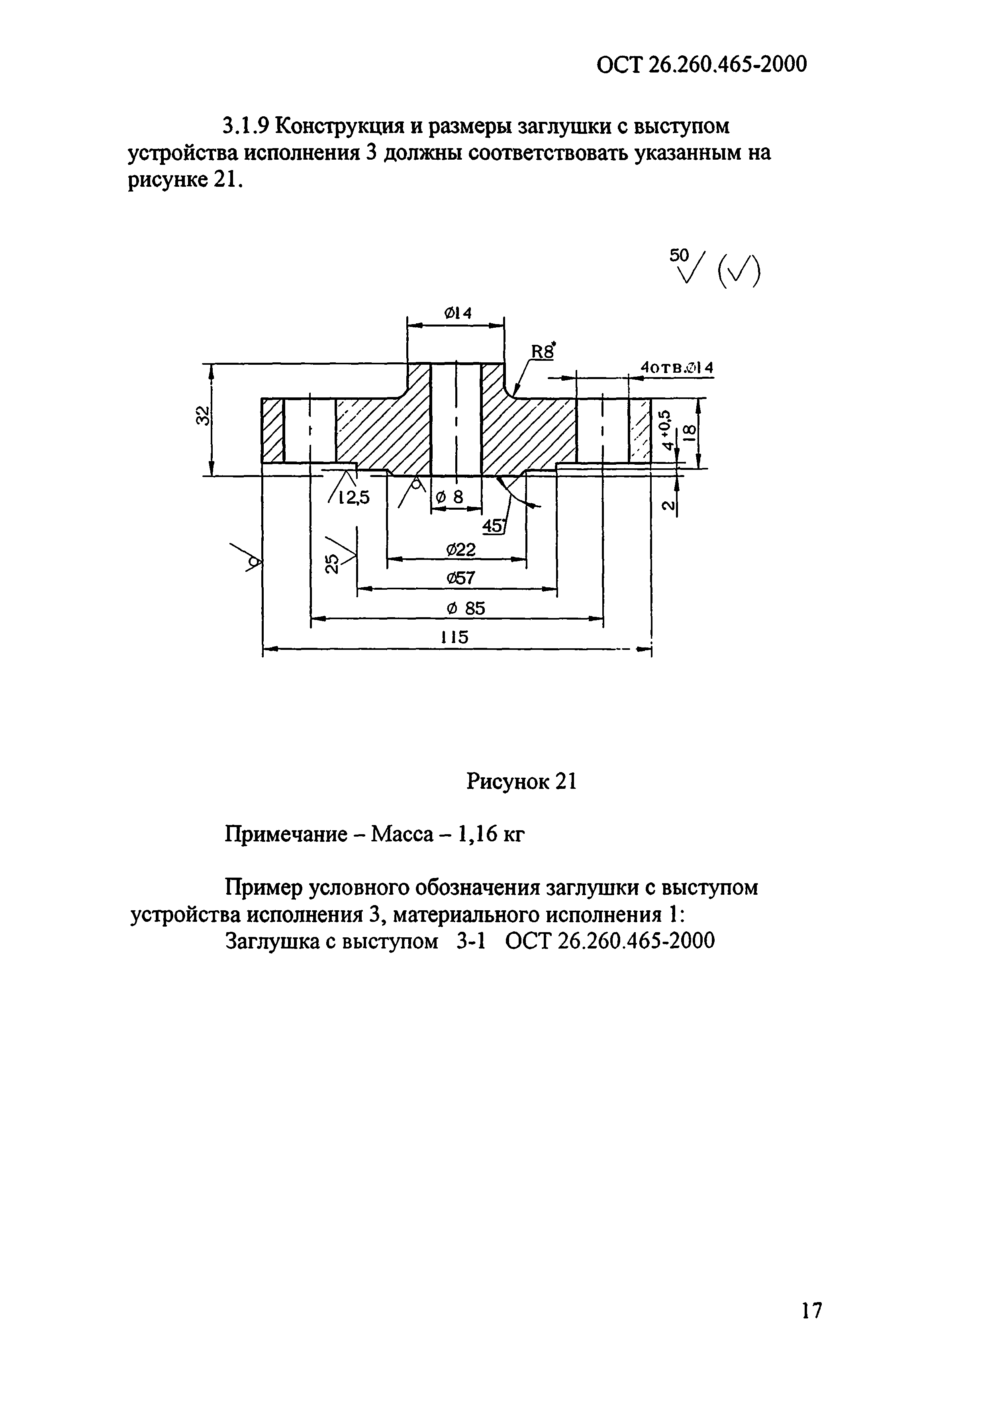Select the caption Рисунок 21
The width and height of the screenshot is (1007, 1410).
(x=521, y=782)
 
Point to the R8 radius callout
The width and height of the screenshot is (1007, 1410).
(x=542, y=352)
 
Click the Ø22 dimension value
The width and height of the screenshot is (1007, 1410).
(x=460, y=549)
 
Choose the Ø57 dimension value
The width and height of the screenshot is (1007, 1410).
(x=460, y=578)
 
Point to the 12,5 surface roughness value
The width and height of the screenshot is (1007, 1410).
(x=353, y=498)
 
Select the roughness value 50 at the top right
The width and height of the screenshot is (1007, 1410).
(x=679, y=255)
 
